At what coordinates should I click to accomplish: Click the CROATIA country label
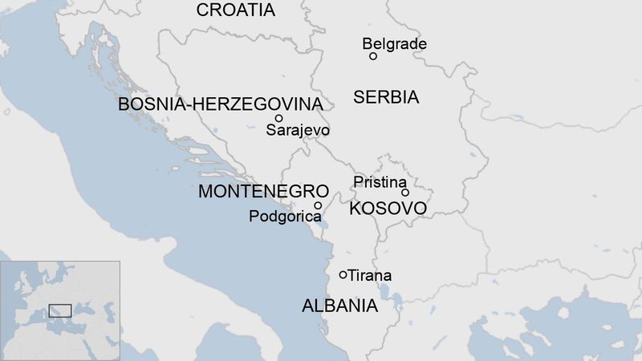click(235, 10)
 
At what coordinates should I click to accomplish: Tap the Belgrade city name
click(394, 44)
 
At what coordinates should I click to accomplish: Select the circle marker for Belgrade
click(373, 56)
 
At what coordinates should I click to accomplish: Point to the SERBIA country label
click(386, 98)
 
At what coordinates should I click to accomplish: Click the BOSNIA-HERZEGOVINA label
click(221, 104)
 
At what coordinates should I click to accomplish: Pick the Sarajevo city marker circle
click(278, 118)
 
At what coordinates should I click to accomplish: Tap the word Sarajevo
click(298, 130)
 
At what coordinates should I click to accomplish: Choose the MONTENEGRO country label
click(263, 192)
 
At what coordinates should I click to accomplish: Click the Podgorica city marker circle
click(318, 205)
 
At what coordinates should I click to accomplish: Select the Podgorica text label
click(285, 217)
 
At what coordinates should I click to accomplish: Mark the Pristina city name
click(380, 182)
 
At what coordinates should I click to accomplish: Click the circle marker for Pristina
click(405, 193)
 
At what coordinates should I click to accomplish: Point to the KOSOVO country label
click(388, 209)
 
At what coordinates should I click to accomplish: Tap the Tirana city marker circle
click(343, 274)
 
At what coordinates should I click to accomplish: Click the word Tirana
click(370, 275)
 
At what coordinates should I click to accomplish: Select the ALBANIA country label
click(339, 306)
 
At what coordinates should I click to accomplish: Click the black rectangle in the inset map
click(60, 310)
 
